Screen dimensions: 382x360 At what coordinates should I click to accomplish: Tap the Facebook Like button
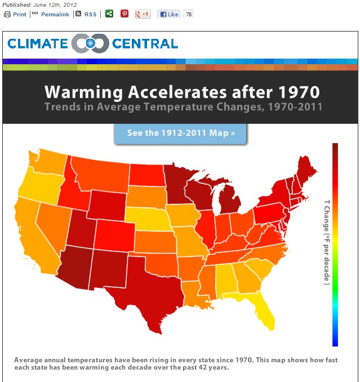[x=168, y=14]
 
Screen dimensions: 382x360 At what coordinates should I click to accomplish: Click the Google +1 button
[x=143, y=14]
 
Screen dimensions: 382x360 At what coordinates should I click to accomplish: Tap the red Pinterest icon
[x=125, y=14]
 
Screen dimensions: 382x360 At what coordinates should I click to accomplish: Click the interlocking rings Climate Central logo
[x=91, y=43]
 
